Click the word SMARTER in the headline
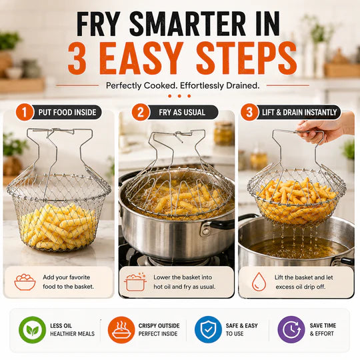point(188,24)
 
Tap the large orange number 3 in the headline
point(77,58)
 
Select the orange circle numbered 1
point(25,112)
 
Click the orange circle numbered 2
point(141,112)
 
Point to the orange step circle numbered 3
point(249,112)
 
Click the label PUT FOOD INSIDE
point(67,113)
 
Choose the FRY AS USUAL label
point(182,113)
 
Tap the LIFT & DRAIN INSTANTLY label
point(299,113)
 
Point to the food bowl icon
point(25,282)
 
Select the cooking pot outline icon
point(135,282)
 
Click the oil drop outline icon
point(259,282)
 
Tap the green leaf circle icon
point(33,330)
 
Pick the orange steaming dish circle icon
point(121,330)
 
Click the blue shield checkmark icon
point(208,330)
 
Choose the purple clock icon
point(291,330)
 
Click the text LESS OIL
point(61,326)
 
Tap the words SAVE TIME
point(323,325)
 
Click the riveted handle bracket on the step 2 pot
point(206,230)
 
